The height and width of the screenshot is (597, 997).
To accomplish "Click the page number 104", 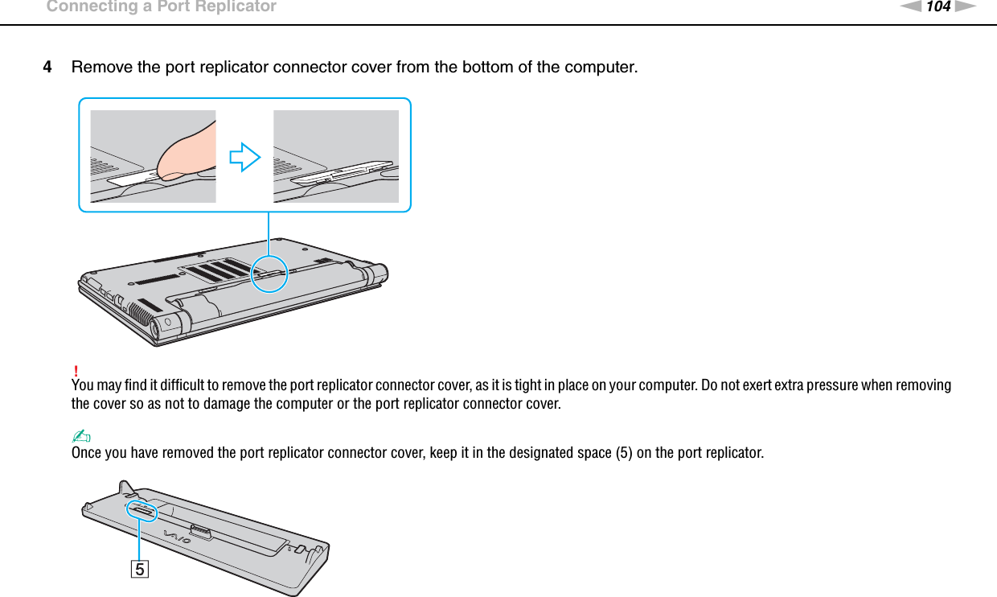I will [938, 7].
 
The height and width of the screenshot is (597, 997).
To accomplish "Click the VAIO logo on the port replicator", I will [178, 537].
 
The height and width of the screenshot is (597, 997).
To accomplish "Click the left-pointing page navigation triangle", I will [909, 7].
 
